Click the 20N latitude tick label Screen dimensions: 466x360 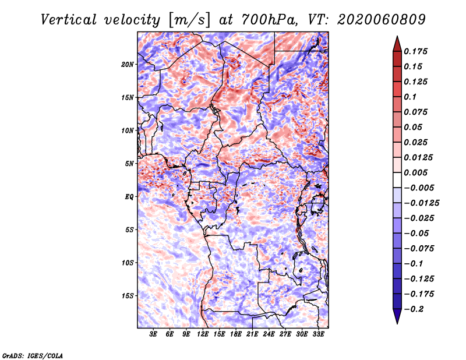tap(128, 65)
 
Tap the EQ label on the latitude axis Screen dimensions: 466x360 tap(129, 197)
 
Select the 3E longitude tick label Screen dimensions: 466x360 tap(153, 334)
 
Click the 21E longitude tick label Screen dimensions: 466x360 tap(252, 334)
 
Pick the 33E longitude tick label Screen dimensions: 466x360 tap(318, 334)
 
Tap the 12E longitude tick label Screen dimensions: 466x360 tap(203, 334)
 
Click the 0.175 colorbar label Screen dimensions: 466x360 tap(415, 51)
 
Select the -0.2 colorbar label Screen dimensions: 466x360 tap(414, 309)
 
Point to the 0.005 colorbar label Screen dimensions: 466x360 tap(415, 172)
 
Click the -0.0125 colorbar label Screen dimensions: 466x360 tap(421, 203)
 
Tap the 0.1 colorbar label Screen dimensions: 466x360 tap(410, 97)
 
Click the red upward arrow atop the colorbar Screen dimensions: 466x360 tap(397, 44)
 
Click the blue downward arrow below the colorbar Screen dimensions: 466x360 tap(397, 316)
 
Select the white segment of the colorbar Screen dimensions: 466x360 tap(397, 180)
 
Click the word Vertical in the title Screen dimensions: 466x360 tap(69, 20)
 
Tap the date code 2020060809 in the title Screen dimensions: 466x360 tap(382, 20)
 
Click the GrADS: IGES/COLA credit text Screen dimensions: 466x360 tap(33, 356)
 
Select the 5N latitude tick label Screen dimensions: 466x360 tap(129, 164)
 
